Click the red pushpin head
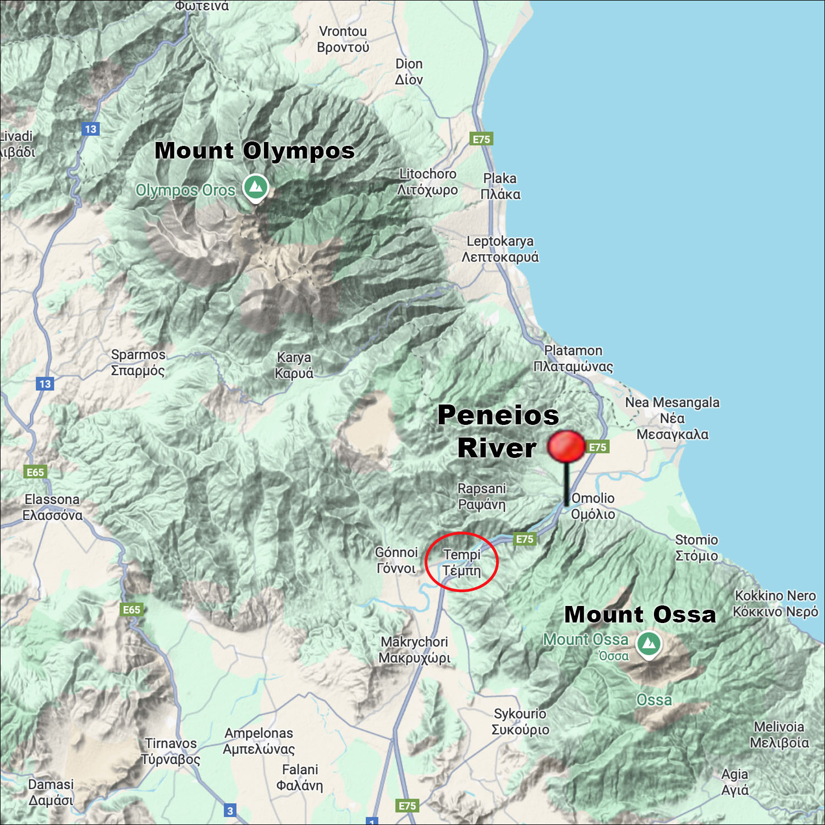pyautogui.click(x=566, y=446)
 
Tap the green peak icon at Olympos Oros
pyautogui.click(x=255, y=187)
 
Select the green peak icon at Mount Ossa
pyautogui.click(x=649, y=643)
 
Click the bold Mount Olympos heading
pyautogui.click(x=255, y=150)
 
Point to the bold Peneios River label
pyautogui.click(x=498, y=431)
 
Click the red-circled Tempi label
pyautogui.click(x=461, y=562)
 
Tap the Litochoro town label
pyautogui.click(x=427, y=182)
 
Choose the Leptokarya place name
pyautogui.click(x=500, y=249)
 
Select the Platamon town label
pyautogui.click(x=573, y=358)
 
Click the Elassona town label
pyautogui.click(x=52, y=507)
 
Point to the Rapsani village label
pyautogui.click(x=481, y=496)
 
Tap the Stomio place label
pyautogui.click(x=696, y=548)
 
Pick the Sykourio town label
pyautogui.click(x=520, y=722)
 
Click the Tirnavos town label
pyautogui.click(x=170, y=751)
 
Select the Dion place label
pyautogui.click(x=409, y=72)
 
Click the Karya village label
pyautogui.click(x=294, y=365)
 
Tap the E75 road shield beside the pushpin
pyautogui.click(x=597, y=447)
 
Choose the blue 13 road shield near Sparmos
pyautogui.click(x=45, y=384)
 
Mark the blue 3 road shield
pyautogui.click(x=230, y=810)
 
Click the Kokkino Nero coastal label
pyautogui.click(x=776, y=603)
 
